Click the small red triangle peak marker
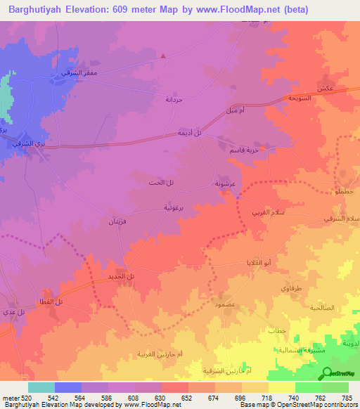(163, 54)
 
